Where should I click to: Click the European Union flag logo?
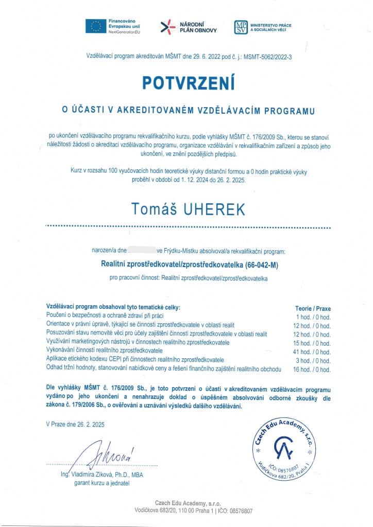96,26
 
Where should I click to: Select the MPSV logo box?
241,27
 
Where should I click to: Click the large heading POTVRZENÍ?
189,83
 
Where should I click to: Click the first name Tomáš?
151,209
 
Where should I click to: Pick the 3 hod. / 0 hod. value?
314,360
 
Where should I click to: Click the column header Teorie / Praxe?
313,308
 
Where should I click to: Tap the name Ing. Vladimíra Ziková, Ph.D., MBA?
102,475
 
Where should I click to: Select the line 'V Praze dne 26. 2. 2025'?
75,425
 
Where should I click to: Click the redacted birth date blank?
142,251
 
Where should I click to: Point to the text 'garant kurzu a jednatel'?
102,484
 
